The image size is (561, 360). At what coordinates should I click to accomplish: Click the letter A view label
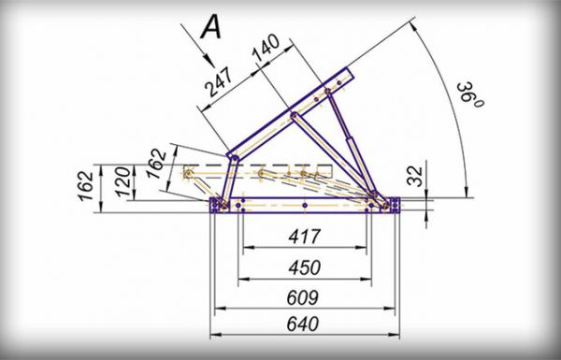(211, 28)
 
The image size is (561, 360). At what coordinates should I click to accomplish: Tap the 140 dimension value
(266, 48)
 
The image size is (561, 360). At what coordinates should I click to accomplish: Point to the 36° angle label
(470, 94)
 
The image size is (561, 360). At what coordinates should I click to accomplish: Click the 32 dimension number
(415, 176)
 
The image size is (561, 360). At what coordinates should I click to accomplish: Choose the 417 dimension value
(305, 237)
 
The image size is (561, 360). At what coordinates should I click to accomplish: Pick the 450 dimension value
(305, 267)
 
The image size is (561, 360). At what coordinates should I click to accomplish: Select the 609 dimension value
(303, 297)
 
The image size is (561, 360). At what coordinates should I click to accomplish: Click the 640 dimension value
(303, 324)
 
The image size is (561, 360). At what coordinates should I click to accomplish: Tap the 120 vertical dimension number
(123, 181)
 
